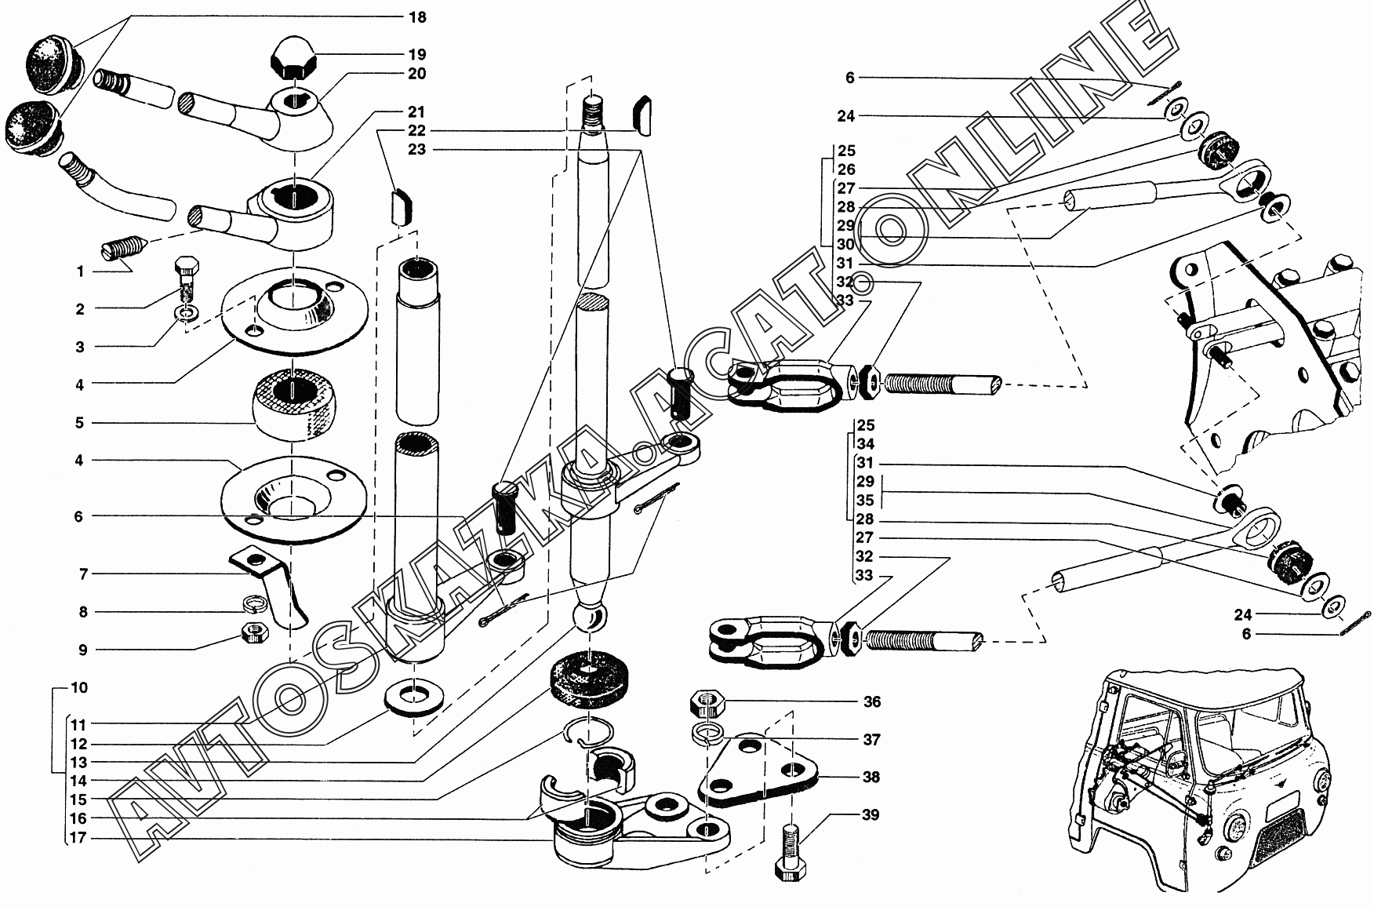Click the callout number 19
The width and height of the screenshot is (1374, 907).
point(417,54)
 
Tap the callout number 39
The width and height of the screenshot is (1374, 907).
point(871,814)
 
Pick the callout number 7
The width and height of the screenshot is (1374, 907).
point(83,574)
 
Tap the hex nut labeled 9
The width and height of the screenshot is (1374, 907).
point(253,630)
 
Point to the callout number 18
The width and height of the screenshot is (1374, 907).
point(417,16)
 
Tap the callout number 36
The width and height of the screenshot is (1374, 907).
point(871,701)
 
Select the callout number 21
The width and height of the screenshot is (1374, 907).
point(417,111)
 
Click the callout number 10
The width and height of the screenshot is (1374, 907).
point(79,688)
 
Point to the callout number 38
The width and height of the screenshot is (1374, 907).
point(871,777)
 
